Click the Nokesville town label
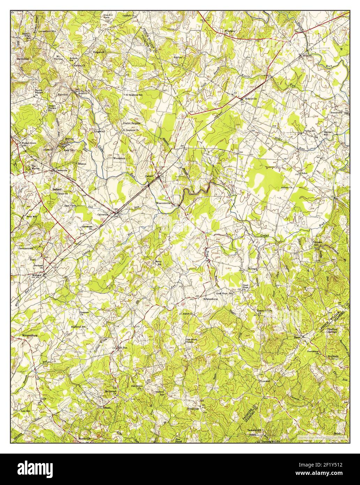[x=251, y=99]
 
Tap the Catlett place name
[x=150, y=176]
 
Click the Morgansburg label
[x=28, y=335]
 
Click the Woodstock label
[x=119, y=158]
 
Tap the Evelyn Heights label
[x=132, y=123]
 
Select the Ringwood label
[x=98, y=52]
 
